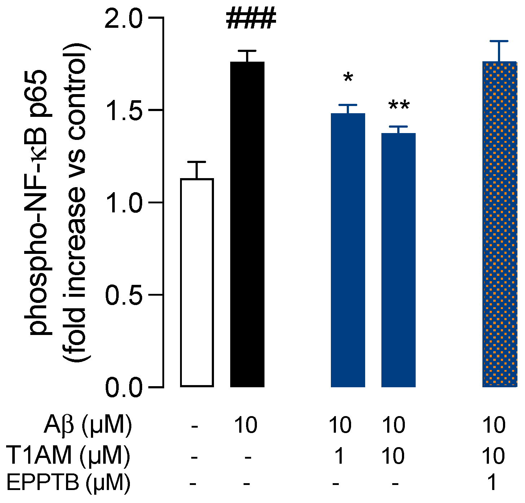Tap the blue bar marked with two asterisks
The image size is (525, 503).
coord(398,260)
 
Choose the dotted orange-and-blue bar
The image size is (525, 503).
coord(499,224)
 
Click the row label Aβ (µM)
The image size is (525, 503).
coord(88,426)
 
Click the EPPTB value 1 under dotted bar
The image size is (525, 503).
coord(493,482)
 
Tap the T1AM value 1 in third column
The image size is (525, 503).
coord(339,456)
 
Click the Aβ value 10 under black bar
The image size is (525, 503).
coord(246,425)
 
